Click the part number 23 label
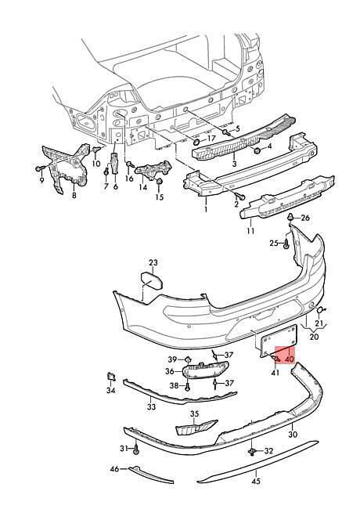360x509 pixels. coord(153,262)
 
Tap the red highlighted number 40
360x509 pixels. coord(290,359)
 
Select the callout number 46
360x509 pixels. coord(114,469)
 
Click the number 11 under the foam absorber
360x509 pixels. coord(250,231)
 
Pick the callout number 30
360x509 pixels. coord(293,434)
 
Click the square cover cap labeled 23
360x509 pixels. coord(152,281)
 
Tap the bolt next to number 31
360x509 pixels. coord(136,449)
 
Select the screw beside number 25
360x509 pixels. coord(286,244)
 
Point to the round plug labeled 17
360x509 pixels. coord(197,142)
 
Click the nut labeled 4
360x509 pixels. coord(257,150)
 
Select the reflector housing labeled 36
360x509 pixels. coord(205,370)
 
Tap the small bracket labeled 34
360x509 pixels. coord(112,377)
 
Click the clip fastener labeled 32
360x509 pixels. coord(252,451)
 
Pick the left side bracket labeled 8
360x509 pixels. coord(66,167)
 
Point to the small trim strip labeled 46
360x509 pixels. coord(151,475)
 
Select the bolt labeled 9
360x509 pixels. coord(39,168)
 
